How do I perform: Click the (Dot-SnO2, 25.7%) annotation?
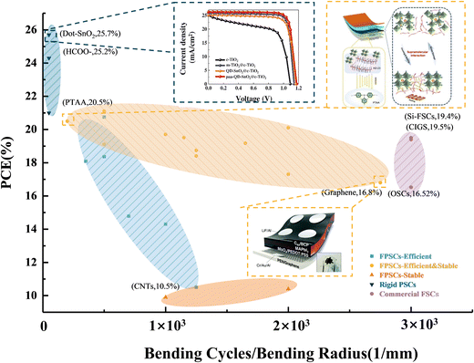point(100,33)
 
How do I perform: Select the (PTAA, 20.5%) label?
point(88,103)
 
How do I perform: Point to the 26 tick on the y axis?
point(30,30)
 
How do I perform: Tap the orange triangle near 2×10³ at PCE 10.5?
point(289,287)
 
